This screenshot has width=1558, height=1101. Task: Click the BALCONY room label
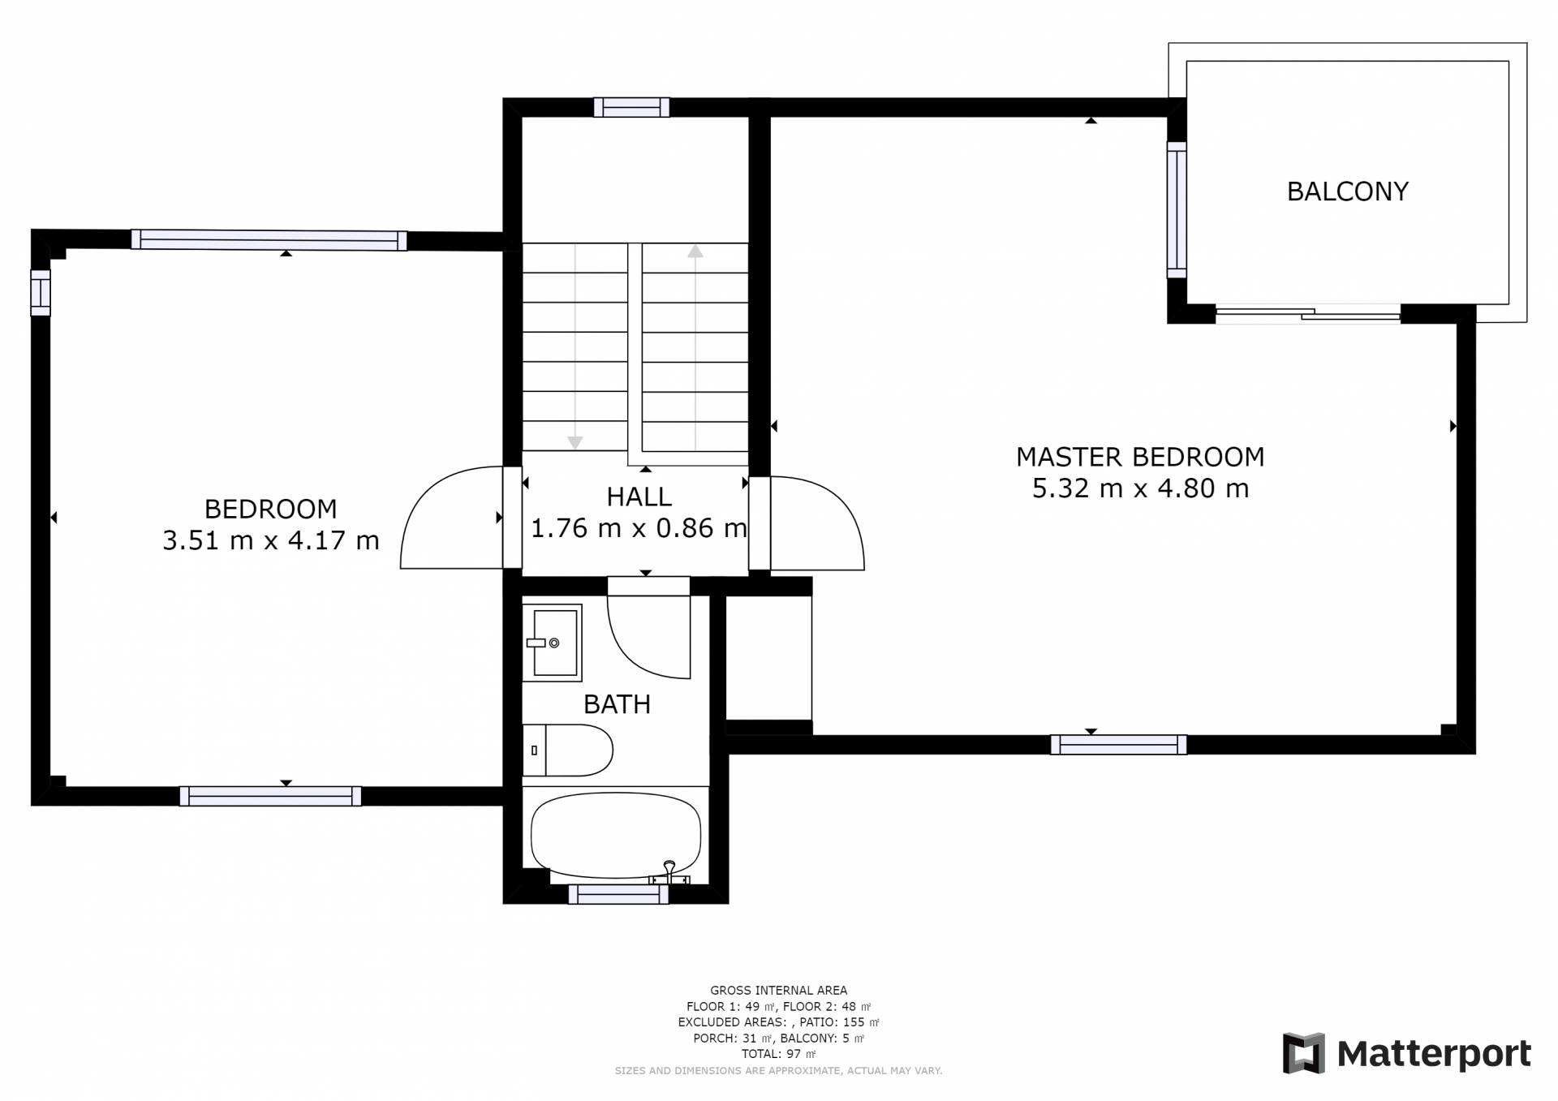pyautogui.click(x=1347, y=191)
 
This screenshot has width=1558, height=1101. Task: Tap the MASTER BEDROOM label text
pyautogui.click(x=1140, y=457)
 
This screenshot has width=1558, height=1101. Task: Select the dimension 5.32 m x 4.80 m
pyautogui.click(x=1140, y=488)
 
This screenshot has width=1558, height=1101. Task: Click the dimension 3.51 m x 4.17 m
pyautogui.click(x=271, y=540)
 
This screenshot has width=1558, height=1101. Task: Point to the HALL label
pyautogui.click(x=639, y=497)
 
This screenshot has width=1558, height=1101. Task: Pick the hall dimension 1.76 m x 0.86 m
pyautogui.click(x=639, y=528)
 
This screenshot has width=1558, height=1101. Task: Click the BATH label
pyautogui.click(x=617, y=704)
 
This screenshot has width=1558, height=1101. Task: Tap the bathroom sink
pyautogui.click(x=552, y=643)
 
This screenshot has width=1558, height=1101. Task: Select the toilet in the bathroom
pyautogui.click(x=567, y=750)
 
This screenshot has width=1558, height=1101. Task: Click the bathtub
pyautogui.click(x=615, y=836)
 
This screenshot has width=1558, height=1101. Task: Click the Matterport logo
pyautogui.click(x=1406, y=1054)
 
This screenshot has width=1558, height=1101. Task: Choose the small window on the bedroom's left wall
pyautogui.click(x=41, y=292)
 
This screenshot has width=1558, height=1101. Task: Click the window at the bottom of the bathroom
pyautogui.click(x=618, y=894)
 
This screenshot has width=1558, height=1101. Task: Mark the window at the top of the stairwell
pyautogui.click(x=631, y=107)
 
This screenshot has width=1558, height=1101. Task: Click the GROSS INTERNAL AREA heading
pyautogui.click(x=778, y=991)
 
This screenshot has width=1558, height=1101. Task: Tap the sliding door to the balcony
pyautogui.click(x=1308, y=313)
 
